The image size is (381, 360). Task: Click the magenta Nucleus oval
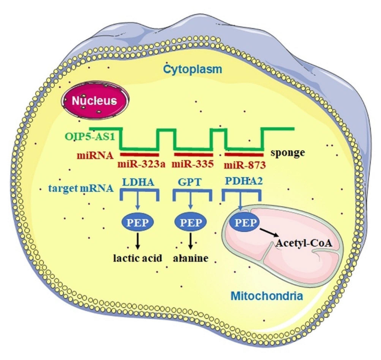click(94, 101)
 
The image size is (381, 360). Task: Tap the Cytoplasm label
click(192, 69)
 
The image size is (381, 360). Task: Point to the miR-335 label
click(193, 164)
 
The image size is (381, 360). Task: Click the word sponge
click(288, 153)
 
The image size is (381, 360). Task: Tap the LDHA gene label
click(138, 182)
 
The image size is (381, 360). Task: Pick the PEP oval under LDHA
click(138, 223)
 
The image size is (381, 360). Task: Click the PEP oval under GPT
click(191, 223)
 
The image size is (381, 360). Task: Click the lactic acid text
click(138, 258)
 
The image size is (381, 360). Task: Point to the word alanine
click(191, 258)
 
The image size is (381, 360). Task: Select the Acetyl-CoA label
click(303, 243)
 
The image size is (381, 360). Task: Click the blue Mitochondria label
click(267, 296)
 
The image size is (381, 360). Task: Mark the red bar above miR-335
click(193, 154)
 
